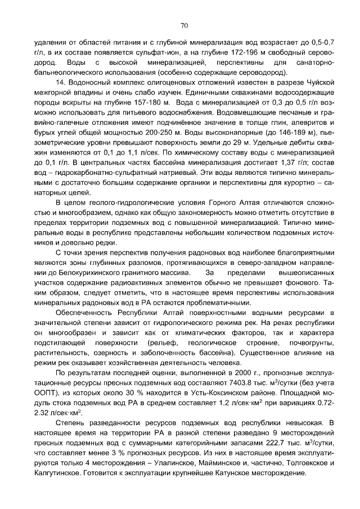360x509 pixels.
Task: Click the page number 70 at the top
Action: coord(184,25)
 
